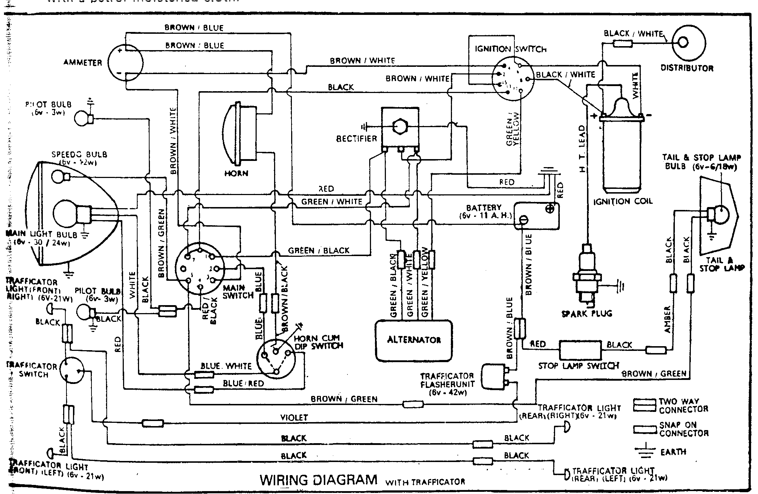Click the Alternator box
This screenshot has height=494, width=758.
pyautogui.click(x=414, y=340)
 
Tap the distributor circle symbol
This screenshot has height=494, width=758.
pyautogui.click(x=689, y=42)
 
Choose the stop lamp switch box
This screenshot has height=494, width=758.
pyautogui.click(x=580, y=350)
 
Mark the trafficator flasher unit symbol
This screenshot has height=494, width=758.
pyautogui.click(x=494, y=377)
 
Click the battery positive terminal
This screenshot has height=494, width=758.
pyautogui.click(x=550, y=209)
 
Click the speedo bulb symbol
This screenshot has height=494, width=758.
pyautogui.click(x=60, y=177)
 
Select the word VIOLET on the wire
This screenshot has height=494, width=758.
pyautogui.click(x=294, y=418)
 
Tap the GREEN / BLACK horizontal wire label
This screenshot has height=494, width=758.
pyautogui.click(x=318, y=251)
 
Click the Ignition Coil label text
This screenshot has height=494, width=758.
pyautogui.click(x=623, y=201)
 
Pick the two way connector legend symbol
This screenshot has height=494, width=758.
pyautogui.click(x=645, y=405)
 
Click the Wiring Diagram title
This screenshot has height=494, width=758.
pyautogui.click(x=318, y=480)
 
